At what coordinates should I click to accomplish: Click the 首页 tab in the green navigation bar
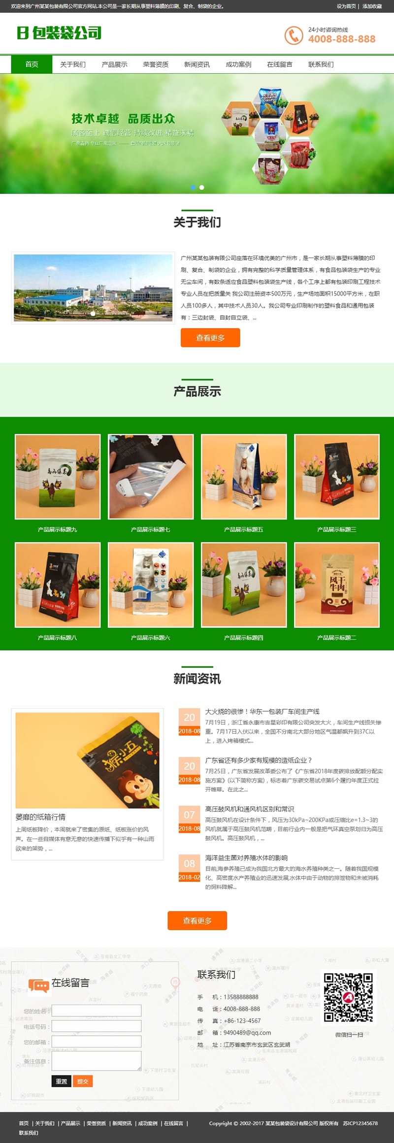click(x=32, y=65)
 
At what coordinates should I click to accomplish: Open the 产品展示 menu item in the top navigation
click(x=114, y=65)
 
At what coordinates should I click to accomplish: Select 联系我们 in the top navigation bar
click(x=321, y=65)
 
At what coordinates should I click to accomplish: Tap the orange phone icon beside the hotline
click(x=294, y=35)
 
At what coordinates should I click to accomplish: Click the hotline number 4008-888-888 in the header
click(x=341, y=39)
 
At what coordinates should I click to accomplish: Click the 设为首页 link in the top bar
click(x=346, y=6)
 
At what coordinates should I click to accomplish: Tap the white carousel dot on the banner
click(x=201, y=187)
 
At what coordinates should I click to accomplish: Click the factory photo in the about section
click(x=93, y=288)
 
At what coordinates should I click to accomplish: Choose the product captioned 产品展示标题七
click(x=150, y=476)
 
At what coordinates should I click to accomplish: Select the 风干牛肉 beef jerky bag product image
click(x=337, y=585)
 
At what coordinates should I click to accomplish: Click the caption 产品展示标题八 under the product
click(x=57, y=638)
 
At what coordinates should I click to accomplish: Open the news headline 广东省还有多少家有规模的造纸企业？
click(x=258, y=760)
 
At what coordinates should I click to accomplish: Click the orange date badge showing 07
click(x=189, y=815)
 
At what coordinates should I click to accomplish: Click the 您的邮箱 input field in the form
click(x=97, y=1042)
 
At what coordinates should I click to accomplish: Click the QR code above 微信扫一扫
click(x=348, y=997)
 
